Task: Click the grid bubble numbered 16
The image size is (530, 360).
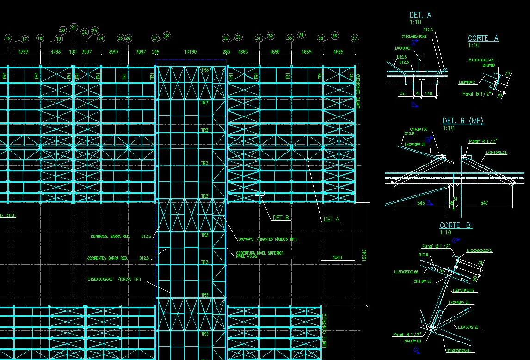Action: point(7,38)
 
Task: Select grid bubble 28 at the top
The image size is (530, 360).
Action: point(166,35)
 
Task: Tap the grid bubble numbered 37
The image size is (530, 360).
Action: point(355,38)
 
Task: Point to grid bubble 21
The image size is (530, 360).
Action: point(74,28)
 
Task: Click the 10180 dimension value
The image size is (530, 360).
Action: point(191,52)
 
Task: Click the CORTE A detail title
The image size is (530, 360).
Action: point(483,38)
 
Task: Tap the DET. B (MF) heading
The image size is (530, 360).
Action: point(463,121)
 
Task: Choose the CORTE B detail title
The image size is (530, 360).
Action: point(456,225)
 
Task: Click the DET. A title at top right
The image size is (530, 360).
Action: point(420,15)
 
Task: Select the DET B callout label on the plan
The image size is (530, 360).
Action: point(281,218)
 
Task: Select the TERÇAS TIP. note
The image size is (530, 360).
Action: point(114,279)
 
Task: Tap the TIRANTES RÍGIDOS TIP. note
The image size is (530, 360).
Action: point(267,239)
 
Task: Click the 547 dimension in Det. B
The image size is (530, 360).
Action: point(484,203)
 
